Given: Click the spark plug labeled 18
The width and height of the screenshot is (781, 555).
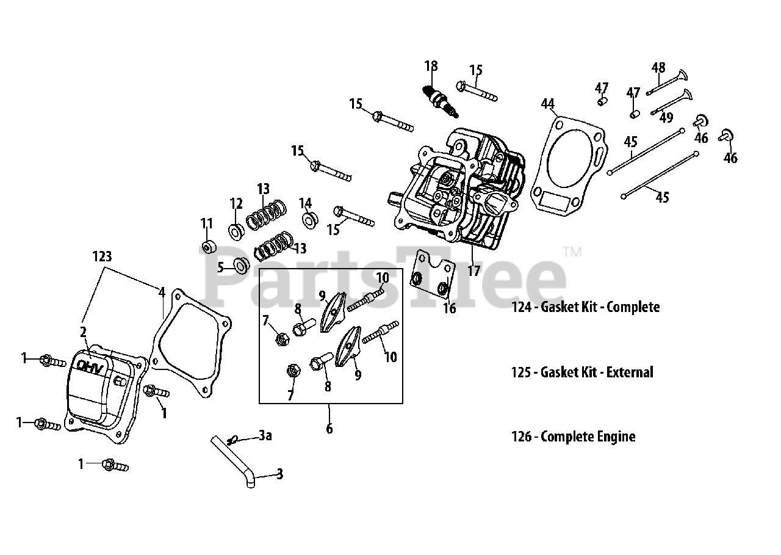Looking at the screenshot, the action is pyautogui.click(x=441, y=101).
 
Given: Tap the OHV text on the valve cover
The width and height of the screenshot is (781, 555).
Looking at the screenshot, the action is pyautogui.click(x=90, y=366).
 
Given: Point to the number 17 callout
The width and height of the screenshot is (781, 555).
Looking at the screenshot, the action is pyautogui.click(x=474, y=270).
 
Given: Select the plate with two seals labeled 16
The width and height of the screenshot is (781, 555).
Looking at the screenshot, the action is pyautogui.click(x=433, y=274).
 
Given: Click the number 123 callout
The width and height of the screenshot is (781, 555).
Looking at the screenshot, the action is pyautogui.click(x=102, y=256).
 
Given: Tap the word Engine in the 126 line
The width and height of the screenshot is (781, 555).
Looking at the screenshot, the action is pyautogui.click(x=616, y=437).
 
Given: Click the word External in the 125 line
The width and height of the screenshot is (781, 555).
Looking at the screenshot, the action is pyautogui.click(x=630, y=372).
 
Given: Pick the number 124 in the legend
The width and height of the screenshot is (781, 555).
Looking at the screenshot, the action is pyautogui.click(x=522, y=307).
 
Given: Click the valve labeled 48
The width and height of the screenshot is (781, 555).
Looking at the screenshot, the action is pyautogui.click(x=667, y=82).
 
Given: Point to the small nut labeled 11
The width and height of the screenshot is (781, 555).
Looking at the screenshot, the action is pyautogui.click(x=209, y=247).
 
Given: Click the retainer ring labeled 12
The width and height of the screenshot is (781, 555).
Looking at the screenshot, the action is pyautogui.click(x=236, y=231).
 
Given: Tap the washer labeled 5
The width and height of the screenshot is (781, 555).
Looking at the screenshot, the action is pyautogui.click(x=241, y=266).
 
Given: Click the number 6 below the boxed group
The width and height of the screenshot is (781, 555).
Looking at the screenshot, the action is pyautogui.click(x=329, y=429).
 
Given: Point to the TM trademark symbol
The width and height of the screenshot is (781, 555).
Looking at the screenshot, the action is pyautogui.click(x=572, y=252).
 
